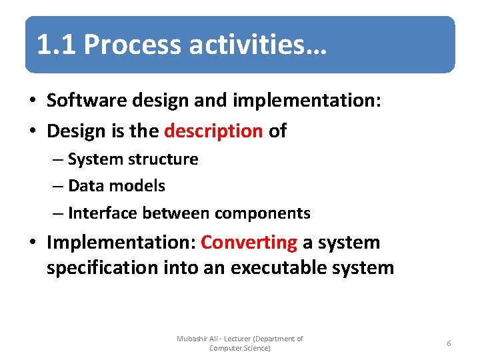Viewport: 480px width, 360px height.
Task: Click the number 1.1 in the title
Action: tap(57, 45)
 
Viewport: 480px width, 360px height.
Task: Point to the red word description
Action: tap(213, 131)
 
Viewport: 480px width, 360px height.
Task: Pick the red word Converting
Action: tap(249, 242)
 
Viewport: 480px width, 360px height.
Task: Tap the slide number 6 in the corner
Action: tap(449, 343)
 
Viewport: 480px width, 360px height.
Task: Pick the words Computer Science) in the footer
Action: tap(240, 348)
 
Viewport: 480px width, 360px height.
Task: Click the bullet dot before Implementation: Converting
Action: tap(33, 243)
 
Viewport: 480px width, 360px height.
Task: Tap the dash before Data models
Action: tap(58, 187)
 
